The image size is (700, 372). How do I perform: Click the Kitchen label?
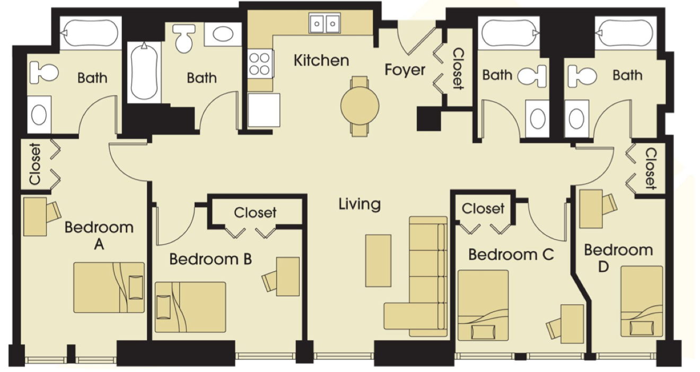click(x=321, y=60)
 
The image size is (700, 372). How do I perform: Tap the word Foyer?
click(x=405, y=70)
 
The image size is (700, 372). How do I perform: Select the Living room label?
click(x=360, y=204)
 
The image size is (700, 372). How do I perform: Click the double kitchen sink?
click(x=325, y=23)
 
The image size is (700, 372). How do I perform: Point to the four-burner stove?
click(x=260, y=64)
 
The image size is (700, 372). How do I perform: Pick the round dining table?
click(x=360, y=106)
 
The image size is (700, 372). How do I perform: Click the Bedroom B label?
click(x=211, y=259)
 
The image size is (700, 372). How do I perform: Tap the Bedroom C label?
click(x=511, y=254)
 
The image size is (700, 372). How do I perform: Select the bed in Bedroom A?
click(x=109, y=287)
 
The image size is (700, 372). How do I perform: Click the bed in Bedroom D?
click(x=642, y=301)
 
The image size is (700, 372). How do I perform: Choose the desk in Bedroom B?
click(x=288, y=277)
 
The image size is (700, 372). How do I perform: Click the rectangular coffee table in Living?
click(x=378, y=261)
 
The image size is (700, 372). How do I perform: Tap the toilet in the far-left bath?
click(x=43, y=72)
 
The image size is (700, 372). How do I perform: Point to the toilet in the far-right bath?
click(x=582, y=76)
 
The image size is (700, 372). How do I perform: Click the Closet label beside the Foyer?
click(x=458, y=68)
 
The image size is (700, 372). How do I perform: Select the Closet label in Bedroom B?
click(x=255, y=212)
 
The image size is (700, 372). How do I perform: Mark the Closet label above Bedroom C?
click(x=483, y=209)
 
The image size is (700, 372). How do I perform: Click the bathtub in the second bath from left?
click(x=144, y=72)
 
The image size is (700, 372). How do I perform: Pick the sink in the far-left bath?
click(x=39, y=115)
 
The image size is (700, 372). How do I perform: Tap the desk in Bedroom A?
click(x=35, y=216)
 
